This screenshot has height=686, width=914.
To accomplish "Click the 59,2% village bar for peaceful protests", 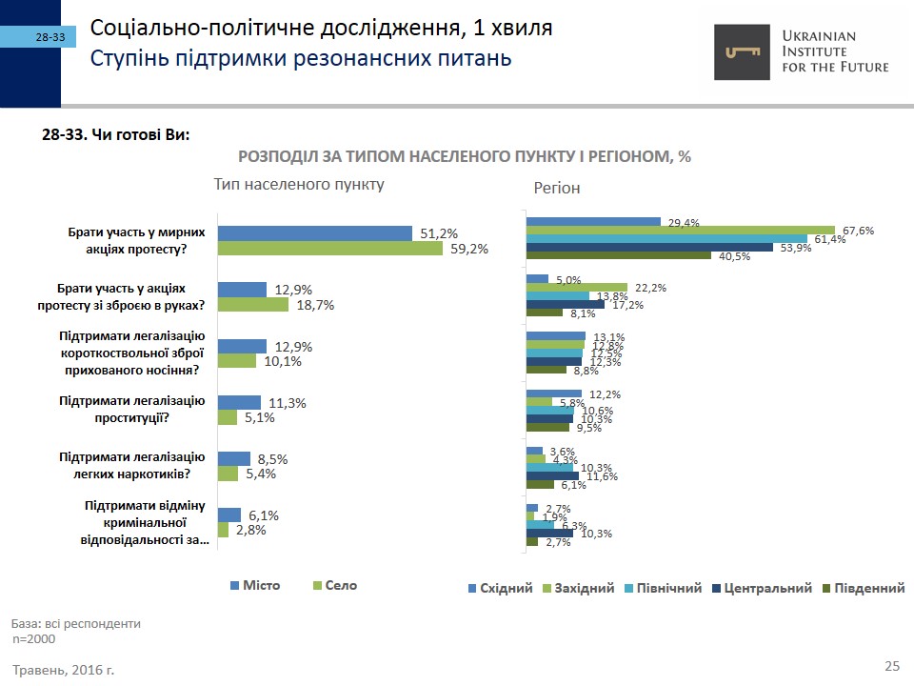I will tap(330, 249).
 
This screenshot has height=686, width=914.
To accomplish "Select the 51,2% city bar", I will tap(315, 233).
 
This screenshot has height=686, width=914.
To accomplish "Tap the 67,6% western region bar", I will tap(681, 230).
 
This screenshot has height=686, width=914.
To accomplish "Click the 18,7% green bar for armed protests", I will tap(253, 305).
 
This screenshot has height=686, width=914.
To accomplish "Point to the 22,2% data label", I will tap(650, 288).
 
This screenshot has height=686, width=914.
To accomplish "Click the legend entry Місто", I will tap(255, 585).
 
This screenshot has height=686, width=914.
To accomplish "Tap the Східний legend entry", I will tap(499, 588).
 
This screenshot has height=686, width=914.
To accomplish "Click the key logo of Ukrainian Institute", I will tap(745, 52).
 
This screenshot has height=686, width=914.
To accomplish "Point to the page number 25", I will tap(892, 665).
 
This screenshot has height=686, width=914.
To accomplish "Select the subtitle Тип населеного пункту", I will tap(299, 184).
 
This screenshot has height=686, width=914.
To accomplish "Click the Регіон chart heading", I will tap(557, 189).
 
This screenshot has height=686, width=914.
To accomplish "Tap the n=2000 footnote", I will tap(34, 638).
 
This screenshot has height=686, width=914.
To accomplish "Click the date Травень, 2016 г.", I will tap(64, 670).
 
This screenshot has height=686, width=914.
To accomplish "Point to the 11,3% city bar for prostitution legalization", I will tap(239, 402).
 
